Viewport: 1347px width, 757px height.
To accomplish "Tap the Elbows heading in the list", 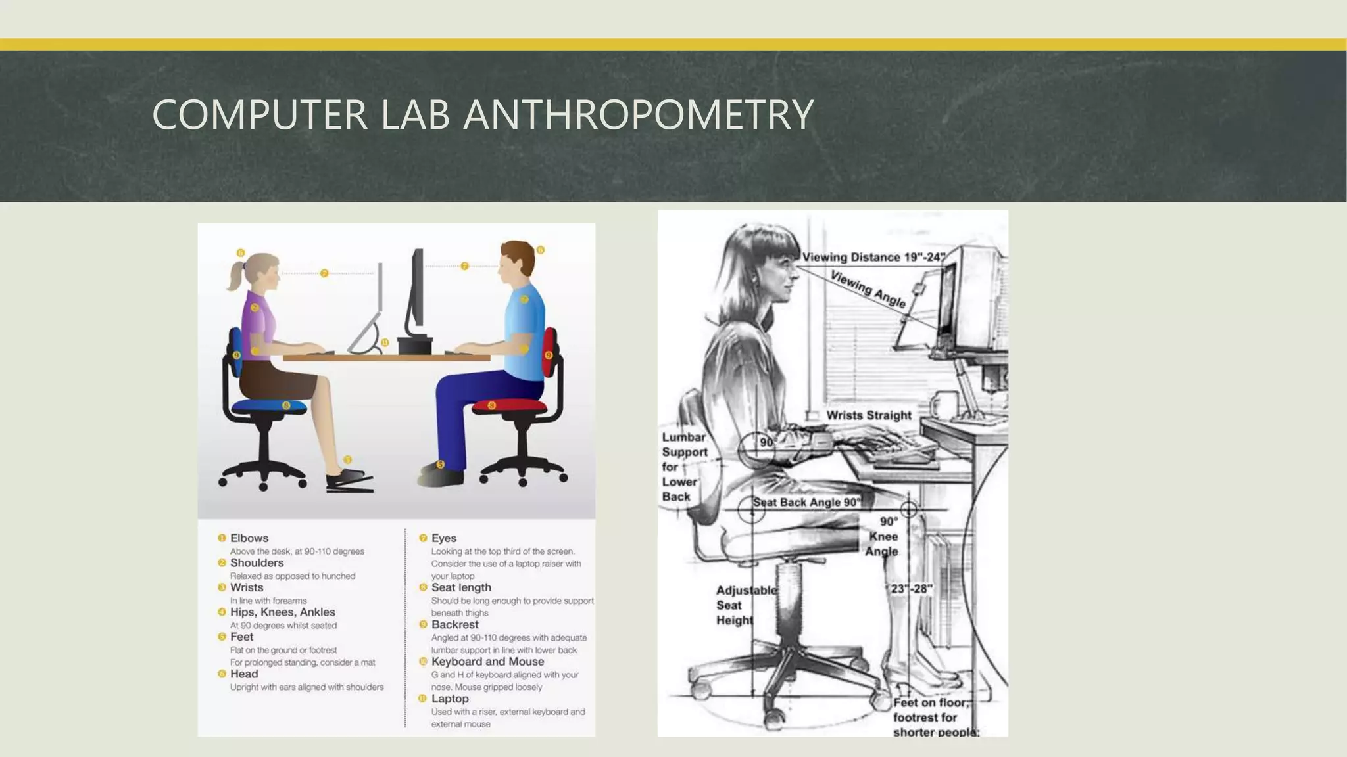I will click(x=249, y=538).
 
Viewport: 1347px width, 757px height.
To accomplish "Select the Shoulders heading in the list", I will click(x=257, y=563).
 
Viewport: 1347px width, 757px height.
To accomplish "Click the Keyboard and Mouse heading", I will click(x=487, y=662).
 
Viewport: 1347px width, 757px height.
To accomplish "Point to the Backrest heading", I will click(x=455, y=625).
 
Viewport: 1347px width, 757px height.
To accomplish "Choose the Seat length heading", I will click(x=461, y=587).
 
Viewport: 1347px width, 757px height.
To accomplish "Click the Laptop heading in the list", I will click(x=450, y=699).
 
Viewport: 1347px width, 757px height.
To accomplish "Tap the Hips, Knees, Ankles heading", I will click(x=282, y=612).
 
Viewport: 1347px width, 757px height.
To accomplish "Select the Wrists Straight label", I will click(x=868, y=415).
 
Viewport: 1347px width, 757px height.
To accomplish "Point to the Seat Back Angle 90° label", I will click(x=806, y=503).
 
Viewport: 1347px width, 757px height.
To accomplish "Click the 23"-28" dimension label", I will click(x=911, y=589).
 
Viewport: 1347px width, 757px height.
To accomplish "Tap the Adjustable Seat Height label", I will click(x=745, y=605).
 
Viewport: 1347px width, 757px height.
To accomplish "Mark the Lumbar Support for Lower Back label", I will click(x=684, y=467).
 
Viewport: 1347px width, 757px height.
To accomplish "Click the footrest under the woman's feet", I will click(x=350, y=485).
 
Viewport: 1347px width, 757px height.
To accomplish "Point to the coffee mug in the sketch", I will click(x=944, y=405).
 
